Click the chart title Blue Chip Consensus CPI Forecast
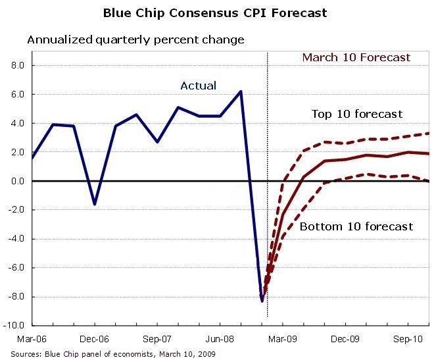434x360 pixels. click(x=215, y=13)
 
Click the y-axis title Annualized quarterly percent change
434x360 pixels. click(x=135, y=39)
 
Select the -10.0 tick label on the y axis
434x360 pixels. click(x=15, y=326)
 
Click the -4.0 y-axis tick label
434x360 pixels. click(x=16, y=239)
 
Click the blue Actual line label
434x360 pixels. click(x=198, y=86)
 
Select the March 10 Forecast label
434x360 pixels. click(x=356, y=57)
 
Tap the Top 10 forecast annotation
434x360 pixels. click(x=356, y=114)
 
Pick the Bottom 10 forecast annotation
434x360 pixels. click(x=356, y=226)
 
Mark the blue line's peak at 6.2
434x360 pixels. click(x=241, y=91)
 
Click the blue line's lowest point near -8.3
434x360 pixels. click(x=262, y=301)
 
